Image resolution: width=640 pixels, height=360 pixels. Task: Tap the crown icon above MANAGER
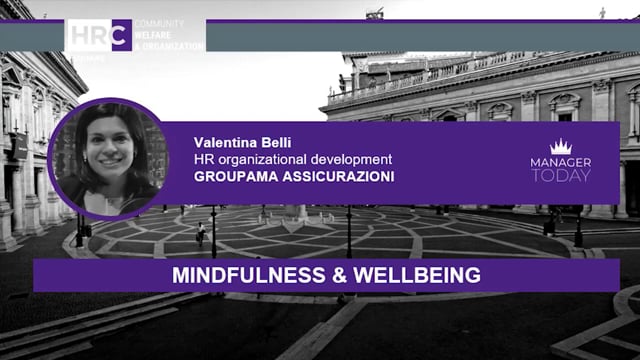[x=560, y=147]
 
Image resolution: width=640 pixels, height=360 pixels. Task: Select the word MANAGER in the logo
[x=560, y=162]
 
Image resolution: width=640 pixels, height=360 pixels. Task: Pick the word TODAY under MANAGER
[x=560, y=175]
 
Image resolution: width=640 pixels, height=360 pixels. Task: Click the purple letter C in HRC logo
[x=120, y=35]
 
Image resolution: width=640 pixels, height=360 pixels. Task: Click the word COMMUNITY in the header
[x=158, y=22]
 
